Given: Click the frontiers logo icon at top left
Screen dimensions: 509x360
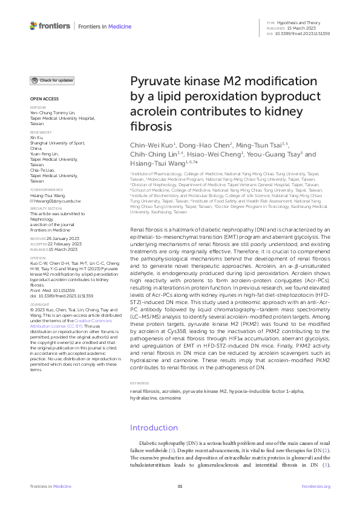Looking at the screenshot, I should (34, 25).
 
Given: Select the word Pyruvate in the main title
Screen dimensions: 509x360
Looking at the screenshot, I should (152, 83).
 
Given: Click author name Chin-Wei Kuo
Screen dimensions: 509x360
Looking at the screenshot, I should (152, 146).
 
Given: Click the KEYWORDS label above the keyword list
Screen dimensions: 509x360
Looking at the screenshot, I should (140, 383).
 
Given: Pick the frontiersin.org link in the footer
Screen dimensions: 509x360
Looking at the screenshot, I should (316, 486).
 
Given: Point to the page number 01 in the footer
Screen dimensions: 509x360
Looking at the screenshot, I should (180, 486).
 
